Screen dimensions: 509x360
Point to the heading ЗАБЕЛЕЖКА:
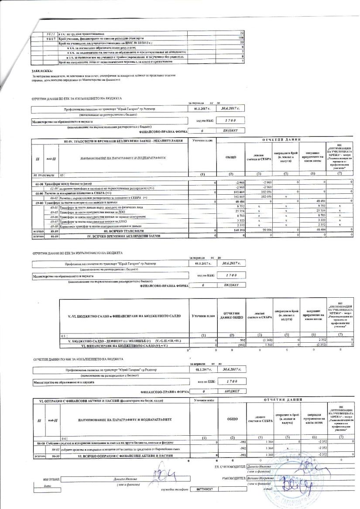click(41, 71)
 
